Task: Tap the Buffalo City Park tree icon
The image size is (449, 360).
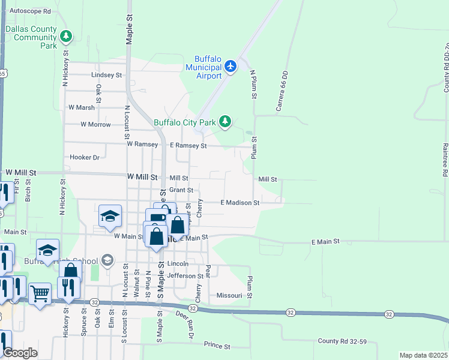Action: (225, 122)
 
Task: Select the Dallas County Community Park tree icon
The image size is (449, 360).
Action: (66, 37)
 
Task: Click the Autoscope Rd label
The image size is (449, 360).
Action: (31, 11)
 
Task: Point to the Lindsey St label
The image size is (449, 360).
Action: (106, 75)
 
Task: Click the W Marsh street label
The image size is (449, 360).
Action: (82, 107)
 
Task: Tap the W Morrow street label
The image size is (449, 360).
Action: (96, 125)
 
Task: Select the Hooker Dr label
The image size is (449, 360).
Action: (84, 157)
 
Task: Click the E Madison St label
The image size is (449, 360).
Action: (240, 203)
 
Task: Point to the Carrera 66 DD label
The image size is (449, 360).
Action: (282, 92)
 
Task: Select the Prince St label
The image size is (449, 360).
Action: (217, 346)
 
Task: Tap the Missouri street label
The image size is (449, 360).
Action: (229, 296)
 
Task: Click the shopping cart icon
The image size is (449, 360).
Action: (40, 293)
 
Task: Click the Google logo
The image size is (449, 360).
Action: (20, 353)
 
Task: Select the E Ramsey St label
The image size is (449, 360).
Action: (188, 146)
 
